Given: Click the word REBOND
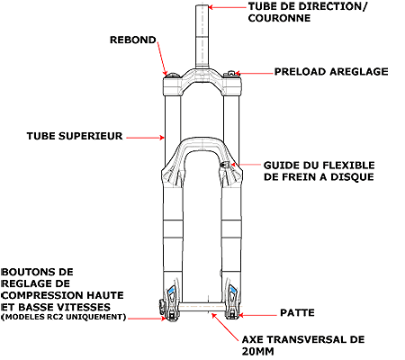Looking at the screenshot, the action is click(133, 40).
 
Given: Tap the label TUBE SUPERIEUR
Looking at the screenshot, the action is click(75, 136).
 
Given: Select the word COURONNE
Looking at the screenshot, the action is click(279, 18).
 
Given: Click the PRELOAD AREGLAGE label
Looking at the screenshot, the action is click(331, 72).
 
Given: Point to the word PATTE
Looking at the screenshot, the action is click(297, 312).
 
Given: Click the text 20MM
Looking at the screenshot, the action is click(258, 351).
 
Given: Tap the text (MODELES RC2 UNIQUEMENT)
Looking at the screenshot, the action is click(63, 317).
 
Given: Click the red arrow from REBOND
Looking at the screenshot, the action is click(162, 58).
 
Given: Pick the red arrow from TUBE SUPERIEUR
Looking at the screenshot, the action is click(145, 138).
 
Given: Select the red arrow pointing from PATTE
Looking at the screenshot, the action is click(257, 315).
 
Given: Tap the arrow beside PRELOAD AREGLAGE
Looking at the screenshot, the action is click(254, 73).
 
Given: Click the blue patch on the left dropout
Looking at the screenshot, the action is click(171, 290).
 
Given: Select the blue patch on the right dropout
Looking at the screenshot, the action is click(233, 290).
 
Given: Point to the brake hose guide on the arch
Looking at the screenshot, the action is click(225, 165).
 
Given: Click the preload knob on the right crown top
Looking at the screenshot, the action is click(230, 74).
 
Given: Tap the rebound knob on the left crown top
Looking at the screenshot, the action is click(173, 75).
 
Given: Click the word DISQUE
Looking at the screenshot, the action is click(352, 177).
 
